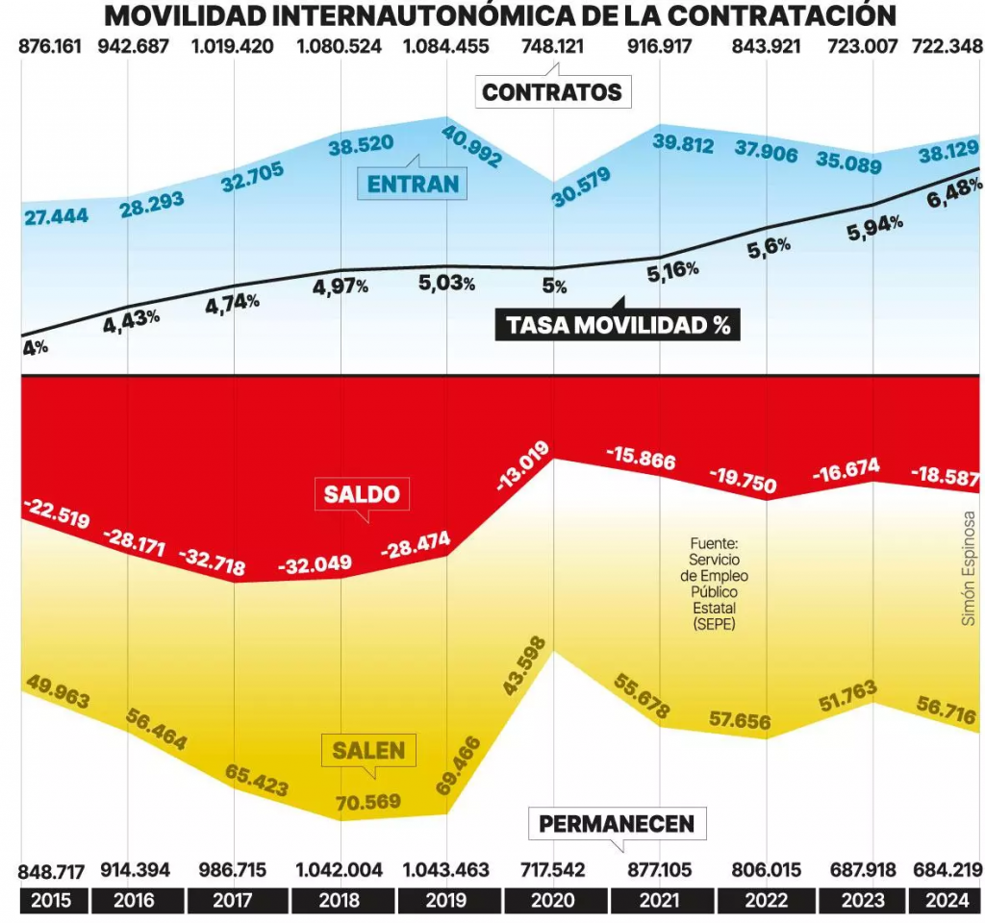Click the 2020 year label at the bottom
point(553,901)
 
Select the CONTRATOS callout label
point(552,92)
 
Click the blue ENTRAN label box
point(412,183)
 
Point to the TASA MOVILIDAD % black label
point(619,325)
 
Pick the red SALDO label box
point(361,494)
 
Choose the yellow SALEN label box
point(368,750)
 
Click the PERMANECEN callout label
point(616,824)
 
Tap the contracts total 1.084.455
point(445,46)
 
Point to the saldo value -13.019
point(523,466)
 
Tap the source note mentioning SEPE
point(713,584)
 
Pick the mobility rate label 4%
point(36,348)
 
